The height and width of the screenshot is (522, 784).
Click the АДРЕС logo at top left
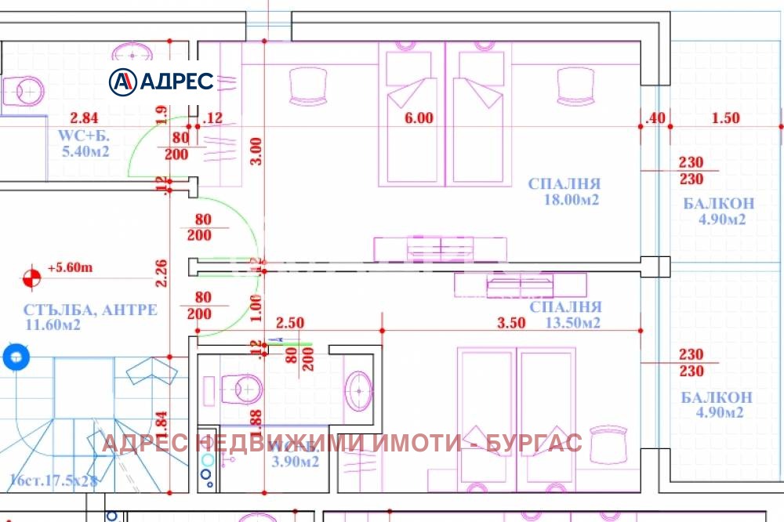click(162, 81)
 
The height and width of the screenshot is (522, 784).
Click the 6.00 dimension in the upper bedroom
click(418, 118)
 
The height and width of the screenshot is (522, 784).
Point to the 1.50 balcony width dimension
click(725, 118)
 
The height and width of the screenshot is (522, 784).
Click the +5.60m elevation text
click(70, 268)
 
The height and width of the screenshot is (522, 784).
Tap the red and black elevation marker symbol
click(31, 277)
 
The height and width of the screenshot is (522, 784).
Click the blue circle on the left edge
click(15, 357)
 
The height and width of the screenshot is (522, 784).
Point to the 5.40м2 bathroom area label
click(85, 151)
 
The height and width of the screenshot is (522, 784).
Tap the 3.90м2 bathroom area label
click(295, 462)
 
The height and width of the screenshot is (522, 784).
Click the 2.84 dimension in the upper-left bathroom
click(84, 118)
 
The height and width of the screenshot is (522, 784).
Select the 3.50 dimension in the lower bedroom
click(511, 323)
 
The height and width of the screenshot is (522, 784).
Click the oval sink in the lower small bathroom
click(360, 390)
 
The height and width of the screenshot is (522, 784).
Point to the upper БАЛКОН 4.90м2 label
click(719, 212)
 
